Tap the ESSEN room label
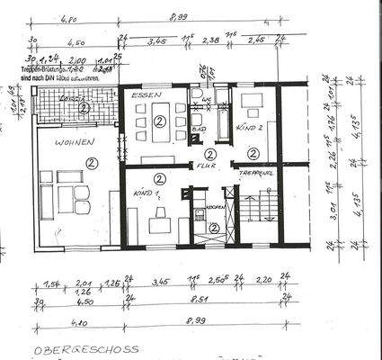[x=143, y=94]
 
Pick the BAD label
[x=199, y=130]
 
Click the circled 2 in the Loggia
[x=83, y=108]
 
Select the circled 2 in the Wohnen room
[x=91, y=163]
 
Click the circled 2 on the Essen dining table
[x=159, y=120]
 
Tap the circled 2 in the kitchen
[x=214, y=227]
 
